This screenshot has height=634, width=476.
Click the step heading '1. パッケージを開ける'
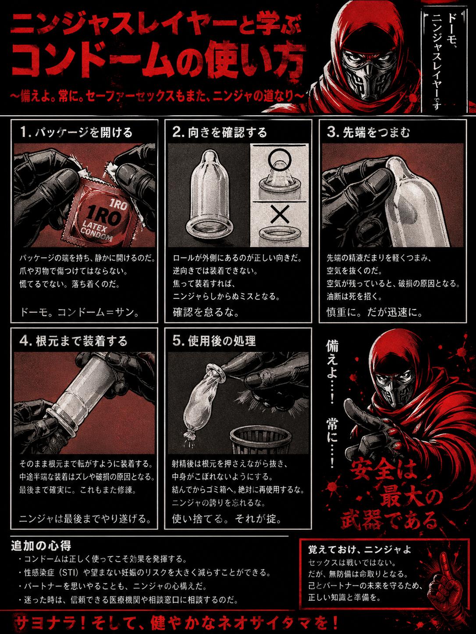point(76,133)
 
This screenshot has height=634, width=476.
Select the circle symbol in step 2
point(279,158)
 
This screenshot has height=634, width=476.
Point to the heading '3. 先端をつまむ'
point(369,133)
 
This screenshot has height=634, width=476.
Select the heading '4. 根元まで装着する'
point(73,341)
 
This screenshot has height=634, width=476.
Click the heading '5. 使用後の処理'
point(214,341)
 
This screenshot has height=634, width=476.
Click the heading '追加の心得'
point(41,546)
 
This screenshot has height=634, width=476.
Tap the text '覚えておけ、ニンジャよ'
point(359,549)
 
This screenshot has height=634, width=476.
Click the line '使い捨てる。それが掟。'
point(227,519)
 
